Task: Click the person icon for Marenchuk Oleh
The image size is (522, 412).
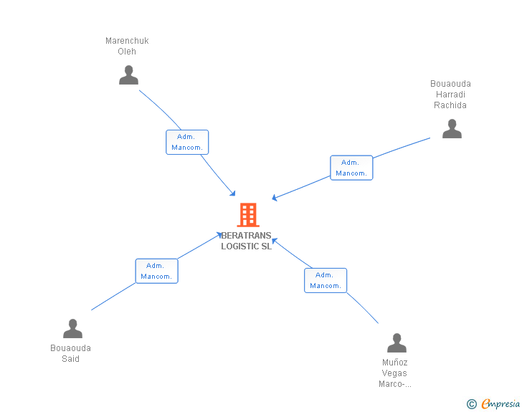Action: (x=128, y=75)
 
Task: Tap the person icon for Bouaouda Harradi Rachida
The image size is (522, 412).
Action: (x=452, y=129)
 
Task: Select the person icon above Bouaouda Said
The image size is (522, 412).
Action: (x=72, y=329)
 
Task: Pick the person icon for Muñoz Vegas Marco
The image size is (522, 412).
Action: (x=397, y=342)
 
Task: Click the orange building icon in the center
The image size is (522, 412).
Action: (x=247, y=214)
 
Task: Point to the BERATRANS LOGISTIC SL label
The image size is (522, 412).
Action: (x=247, y=241)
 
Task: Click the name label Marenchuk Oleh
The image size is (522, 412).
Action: (x=127, y=46)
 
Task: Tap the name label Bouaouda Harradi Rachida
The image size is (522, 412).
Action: (x=450, y=95)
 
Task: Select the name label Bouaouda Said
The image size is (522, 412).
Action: (x=70, y=353)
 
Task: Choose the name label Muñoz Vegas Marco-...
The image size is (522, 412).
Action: (x=395, y=373)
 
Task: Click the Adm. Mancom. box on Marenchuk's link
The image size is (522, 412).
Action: (x=187, y=142)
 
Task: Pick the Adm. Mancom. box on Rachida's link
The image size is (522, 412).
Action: (x=351, y=168)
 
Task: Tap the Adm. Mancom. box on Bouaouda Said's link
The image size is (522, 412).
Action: (x=156, y=271)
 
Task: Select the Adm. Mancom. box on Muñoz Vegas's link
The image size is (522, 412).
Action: (x=325, y=280)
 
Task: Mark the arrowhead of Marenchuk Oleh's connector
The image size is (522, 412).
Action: (x=233, y=193)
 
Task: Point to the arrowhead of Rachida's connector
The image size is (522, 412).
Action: (x=274, y=198)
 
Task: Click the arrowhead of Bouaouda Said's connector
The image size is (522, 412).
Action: (x=220, y=234)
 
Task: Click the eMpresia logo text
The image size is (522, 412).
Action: (x=500, y=404)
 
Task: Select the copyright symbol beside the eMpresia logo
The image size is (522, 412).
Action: (x=471, y=405)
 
